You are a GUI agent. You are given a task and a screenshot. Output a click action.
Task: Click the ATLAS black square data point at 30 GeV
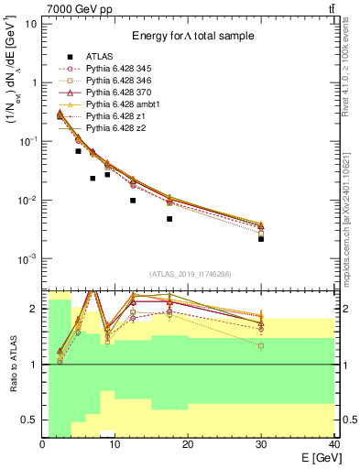click(261, 239)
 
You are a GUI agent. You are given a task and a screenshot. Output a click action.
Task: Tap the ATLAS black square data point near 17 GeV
click(169, 219)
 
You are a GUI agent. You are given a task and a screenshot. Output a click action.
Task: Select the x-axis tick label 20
click(188, 444)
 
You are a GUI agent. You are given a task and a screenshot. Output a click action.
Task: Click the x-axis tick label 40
click(333, 444)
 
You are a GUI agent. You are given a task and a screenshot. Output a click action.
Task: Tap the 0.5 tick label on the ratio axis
click(29, 420)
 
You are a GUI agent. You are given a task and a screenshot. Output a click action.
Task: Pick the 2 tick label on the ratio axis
click(34, 309)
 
